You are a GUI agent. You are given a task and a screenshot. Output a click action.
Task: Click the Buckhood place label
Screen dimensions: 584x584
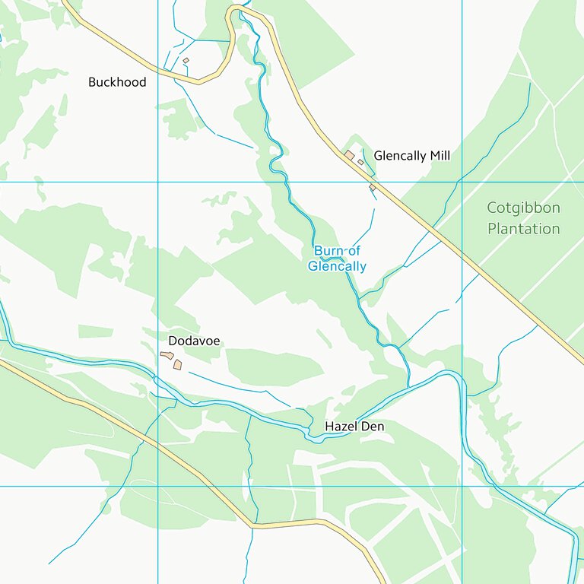pyautogui.click(x=117, y=82)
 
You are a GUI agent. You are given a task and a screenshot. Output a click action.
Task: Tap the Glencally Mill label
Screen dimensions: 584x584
pyautogui.click(x=411, y=156)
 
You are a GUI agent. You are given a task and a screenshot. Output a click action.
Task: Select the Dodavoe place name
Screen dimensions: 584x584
pyautogui.click(x=194, y=341)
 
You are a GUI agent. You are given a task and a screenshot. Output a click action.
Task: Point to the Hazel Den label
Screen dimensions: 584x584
pyautogui.click(x=354, y=427)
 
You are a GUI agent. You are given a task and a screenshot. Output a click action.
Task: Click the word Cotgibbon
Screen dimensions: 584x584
pyautogui.click(x=523, y=208)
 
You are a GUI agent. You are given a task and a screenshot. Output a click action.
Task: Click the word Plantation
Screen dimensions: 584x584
pyautogui.click(x=523, y=229)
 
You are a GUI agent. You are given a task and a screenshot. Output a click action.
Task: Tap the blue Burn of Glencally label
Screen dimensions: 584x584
pyautogui.click(x=337, y=259)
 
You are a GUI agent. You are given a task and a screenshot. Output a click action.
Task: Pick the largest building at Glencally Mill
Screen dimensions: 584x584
pyautogui.click(x=349, y=155)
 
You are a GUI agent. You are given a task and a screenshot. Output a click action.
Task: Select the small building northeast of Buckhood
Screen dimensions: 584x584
pyautogui.click(x=186, y=61)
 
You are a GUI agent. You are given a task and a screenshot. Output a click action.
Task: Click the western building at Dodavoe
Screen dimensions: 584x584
pyautogui.click(x=167, y=355)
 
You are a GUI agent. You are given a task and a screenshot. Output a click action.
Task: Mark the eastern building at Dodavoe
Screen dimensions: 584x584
pyautogui.click(x=178, y=365)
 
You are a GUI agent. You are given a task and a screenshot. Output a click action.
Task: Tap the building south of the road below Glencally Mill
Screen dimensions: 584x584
pyautogui.click(x=373, y=187)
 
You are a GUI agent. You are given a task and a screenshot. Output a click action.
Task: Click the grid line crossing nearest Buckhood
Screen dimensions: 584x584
pyautogui.click(x=158, y=182)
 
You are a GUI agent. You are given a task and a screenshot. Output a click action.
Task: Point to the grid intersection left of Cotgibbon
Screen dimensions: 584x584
pyautogui.click(x=462, y=182)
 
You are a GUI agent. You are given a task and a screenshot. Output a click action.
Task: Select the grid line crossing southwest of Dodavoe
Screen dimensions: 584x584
pyautogui.click(x=158, y=486)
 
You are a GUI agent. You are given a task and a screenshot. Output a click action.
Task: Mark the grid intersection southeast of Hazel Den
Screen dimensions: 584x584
pyautogui.click(x=462, y=486)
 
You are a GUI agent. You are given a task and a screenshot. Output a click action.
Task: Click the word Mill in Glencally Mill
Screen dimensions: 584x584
pyautogui.click(x=440, y=156)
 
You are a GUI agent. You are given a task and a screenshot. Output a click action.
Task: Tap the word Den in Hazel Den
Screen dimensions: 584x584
pyautogui.click(x=373, y=427)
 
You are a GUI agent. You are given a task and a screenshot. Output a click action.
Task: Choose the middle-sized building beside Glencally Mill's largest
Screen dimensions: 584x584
pyautogui.click(x=360, y=162)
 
